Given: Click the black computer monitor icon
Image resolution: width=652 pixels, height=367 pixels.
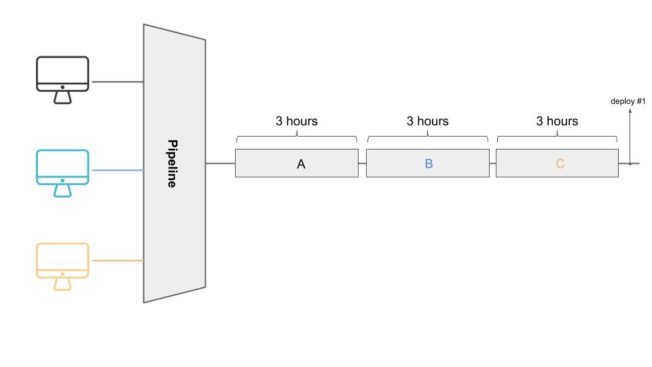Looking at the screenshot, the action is pos(62,80).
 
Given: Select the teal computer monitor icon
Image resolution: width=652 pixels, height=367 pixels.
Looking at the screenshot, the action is pos(62,173).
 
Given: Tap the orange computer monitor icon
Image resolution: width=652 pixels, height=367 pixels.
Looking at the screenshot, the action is pos(62,266).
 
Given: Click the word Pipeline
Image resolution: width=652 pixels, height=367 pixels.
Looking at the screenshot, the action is pos(172,164).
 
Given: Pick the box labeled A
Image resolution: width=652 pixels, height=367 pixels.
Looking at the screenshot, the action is pos(297,163).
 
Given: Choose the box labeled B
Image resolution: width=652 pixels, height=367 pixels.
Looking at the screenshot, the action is pos(427,163).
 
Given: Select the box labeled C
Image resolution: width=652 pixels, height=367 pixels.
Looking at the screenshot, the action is pos(557,163).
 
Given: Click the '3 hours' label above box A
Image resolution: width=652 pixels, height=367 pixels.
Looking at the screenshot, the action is pos(297,121).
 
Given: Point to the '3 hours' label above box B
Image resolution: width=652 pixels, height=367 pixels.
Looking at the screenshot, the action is pos(427,121).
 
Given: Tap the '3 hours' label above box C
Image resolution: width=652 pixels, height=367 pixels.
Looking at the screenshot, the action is pos(557,121).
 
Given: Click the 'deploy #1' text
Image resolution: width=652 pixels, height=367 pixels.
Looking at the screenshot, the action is pos(628,101).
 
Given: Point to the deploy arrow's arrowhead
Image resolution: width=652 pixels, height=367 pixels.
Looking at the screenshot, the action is pos(630,109).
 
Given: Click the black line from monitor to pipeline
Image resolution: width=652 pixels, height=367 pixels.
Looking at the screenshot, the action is pos(117,82).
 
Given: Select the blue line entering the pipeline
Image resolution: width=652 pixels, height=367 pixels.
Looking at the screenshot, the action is pos(117,170).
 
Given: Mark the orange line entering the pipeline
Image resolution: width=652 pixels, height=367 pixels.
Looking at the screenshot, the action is pos(117,260).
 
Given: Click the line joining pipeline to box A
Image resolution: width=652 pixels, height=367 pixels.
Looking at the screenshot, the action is pos(220,163).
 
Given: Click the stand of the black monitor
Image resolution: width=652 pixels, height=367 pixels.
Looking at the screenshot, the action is pos(62,98).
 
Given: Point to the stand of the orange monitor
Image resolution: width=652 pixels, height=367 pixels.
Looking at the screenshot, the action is pos(62,284).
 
